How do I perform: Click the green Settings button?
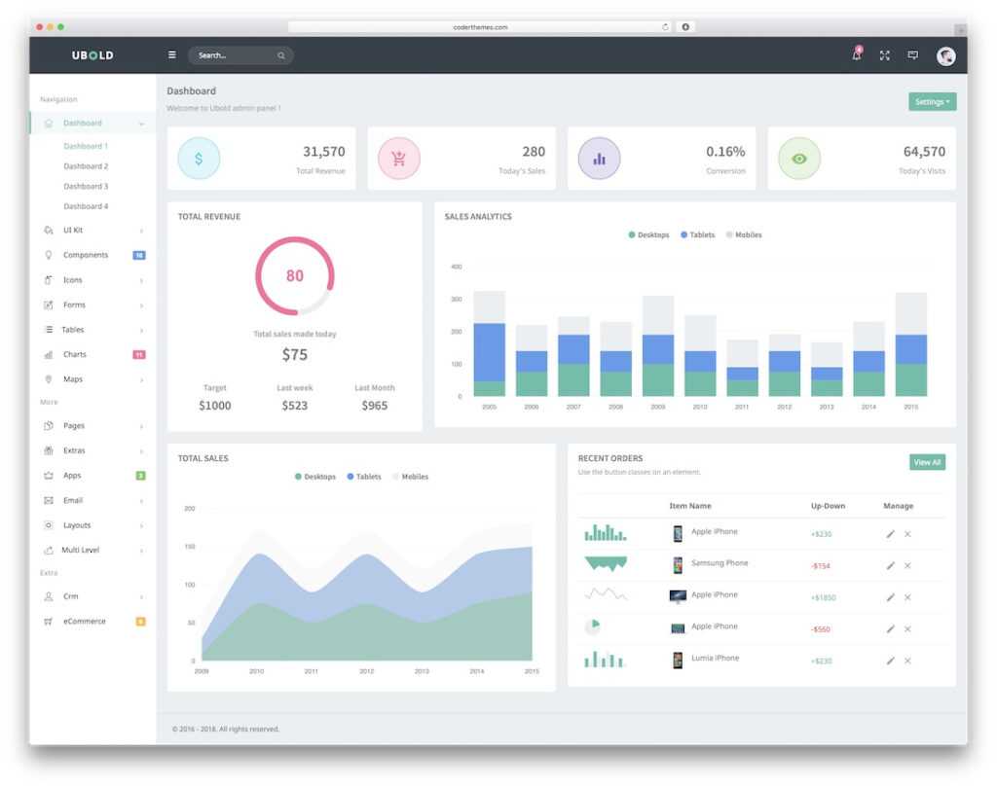(932, 102)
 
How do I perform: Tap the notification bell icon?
(857, 55)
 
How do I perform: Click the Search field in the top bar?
(234, 55)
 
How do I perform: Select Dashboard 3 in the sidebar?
(86, 186)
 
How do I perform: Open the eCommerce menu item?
(85, 621)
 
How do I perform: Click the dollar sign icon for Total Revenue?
(199, 159)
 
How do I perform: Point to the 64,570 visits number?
(924, 152)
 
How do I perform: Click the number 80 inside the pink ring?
(294, 275)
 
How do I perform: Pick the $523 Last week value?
(294, 405)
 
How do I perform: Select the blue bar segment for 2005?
(489, 351)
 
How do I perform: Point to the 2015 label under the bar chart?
(910, 407)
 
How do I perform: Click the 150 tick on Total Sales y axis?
(190, 547)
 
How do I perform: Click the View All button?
(927, 462)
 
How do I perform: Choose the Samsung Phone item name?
(720, 563)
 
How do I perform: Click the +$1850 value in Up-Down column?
(824, 597)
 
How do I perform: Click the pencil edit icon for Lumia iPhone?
(890, 661)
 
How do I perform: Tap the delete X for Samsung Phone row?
(907, 565)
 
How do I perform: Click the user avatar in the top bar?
(945, 56)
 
